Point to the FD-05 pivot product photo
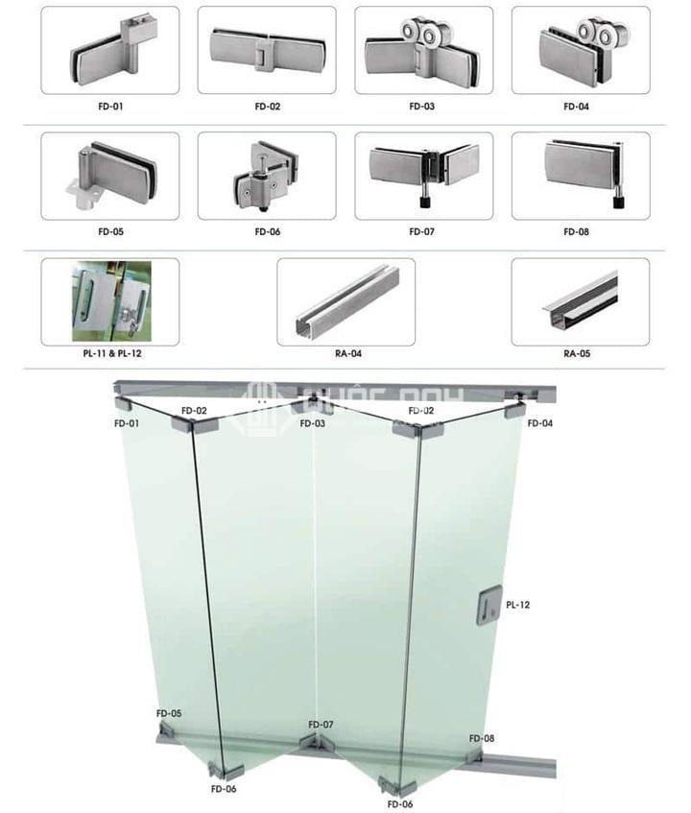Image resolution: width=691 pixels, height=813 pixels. [x=109, y=176]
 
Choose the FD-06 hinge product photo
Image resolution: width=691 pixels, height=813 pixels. [x=267, y=176]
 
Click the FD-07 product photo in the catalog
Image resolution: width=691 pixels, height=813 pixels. [x=423, y=176]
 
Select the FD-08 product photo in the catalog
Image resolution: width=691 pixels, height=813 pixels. [x=580, y=176]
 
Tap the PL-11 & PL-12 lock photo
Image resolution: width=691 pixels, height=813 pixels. [x=109, y=301]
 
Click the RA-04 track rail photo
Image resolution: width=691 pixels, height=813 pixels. [x=345, y=301]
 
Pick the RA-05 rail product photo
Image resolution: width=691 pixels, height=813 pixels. [x=580, y=301]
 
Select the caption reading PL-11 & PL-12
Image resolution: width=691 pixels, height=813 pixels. [x=109, y=353]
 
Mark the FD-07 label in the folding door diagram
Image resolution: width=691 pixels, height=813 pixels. [x=321, y=724]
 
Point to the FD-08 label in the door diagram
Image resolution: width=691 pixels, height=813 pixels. [x=482, y=738]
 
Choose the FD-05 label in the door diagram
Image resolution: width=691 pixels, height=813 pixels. [x=169, y=714]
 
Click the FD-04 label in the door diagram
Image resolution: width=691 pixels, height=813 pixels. [x=539, y=423]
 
